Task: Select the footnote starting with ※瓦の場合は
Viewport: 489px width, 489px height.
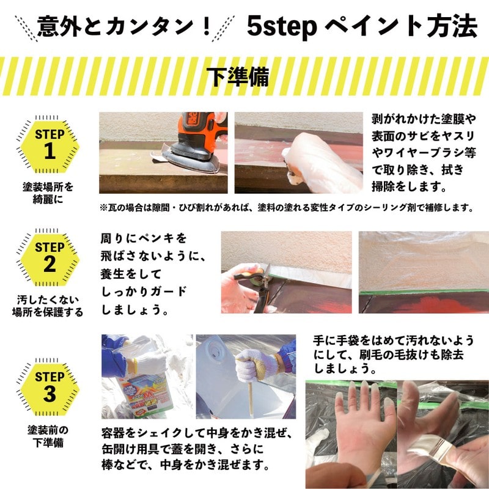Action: click(x=287, y=208)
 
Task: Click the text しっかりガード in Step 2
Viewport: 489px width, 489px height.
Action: click(x=143, y=292)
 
